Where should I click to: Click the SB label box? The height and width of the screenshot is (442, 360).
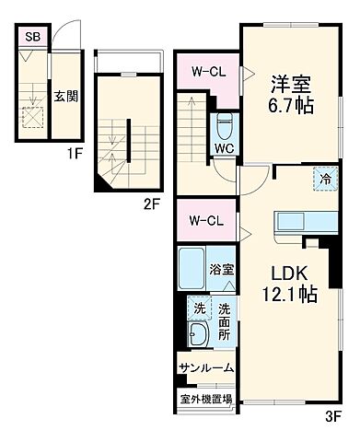pyautogui.click(x=32, y=37)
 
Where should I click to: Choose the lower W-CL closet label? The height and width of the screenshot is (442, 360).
pyautogui.click(x=206, y=220)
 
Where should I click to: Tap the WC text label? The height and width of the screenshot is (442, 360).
pyautogui.click(x=225, y=149)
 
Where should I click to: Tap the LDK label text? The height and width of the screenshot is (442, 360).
pyautogui.click(x=285, y=273)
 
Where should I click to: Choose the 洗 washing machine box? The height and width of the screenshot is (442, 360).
pyautogui.click(x=198, y=308)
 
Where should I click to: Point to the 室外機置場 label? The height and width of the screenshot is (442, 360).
pyautogui.click(x=205, y=400)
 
